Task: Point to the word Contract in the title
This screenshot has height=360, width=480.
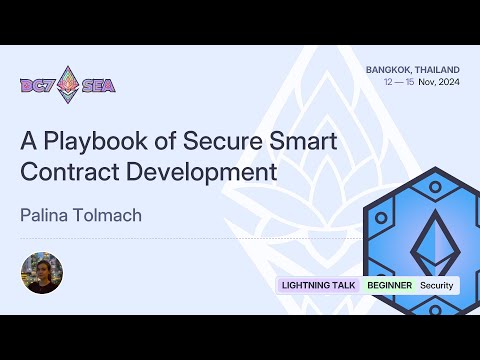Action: click(66, 171)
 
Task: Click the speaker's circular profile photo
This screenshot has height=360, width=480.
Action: click(42, 272)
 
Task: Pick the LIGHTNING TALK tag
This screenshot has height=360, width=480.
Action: click(319, 285)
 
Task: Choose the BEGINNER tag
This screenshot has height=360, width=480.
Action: click(390, 285)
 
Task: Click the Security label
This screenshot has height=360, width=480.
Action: click(436, 285)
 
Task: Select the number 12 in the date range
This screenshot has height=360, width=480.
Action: click(388, 82)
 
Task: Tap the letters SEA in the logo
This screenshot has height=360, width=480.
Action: click(99, 85)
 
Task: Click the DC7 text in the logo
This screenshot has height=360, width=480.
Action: click(39, 85)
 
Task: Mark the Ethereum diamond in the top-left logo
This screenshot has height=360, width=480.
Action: click(68, 84)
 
